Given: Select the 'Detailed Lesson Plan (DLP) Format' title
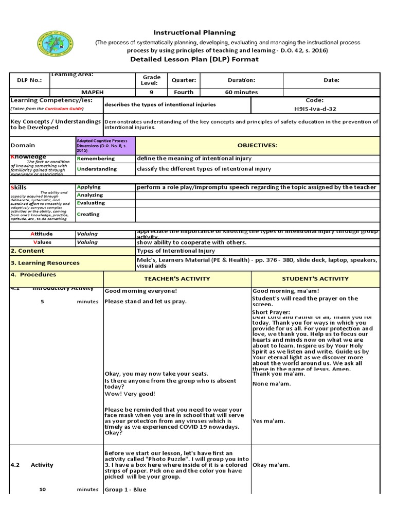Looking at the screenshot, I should (x=195, y=59).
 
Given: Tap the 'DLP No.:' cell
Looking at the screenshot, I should (x=30, y=80).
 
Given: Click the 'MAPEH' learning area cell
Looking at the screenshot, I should (x=92, y=92).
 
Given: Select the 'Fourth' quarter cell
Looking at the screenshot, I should (x=184, y=92).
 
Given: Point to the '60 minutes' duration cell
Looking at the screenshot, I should (x=241, y=92).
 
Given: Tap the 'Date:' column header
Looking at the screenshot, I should (x=331, y=80).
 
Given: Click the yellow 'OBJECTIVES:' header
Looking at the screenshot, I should (x=257, y=146).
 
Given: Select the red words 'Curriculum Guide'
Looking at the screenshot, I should (x=63, y=109).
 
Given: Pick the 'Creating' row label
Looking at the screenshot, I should (x=88, y=214).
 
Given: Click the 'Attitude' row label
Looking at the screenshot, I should (x=42, y=234).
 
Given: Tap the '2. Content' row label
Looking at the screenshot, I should (x=28, y=251).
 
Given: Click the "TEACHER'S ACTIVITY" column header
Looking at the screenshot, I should (x=177, y=278).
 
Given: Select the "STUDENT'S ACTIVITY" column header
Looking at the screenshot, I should (x=315, y=278).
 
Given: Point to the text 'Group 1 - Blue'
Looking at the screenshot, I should (x=125, y=489).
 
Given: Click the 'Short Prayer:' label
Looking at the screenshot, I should (x=271, y=312).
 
